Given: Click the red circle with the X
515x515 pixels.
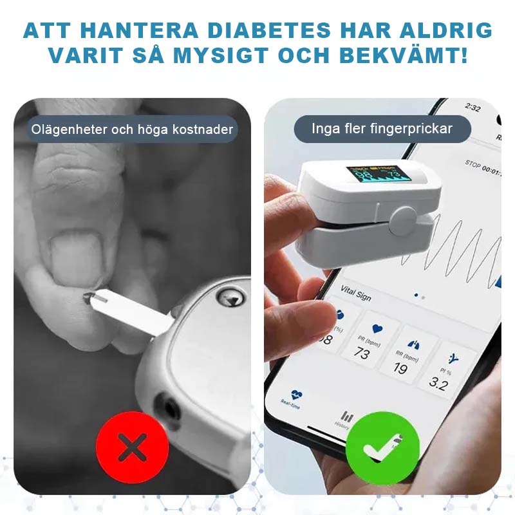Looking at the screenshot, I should pos(132,447).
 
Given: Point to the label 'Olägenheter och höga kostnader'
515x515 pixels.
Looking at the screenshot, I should pos(133,129).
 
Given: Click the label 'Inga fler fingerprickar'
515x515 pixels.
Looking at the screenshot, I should pos(382,129).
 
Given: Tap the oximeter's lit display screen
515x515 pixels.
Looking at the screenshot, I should pos(379,174).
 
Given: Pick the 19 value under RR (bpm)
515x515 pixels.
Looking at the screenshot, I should pos(400,369).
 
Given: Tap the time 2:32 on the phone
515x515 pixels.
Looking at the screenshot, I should pos(473,108).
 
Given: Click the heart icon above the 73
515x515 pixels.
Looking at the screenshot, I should pos(377,329).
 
